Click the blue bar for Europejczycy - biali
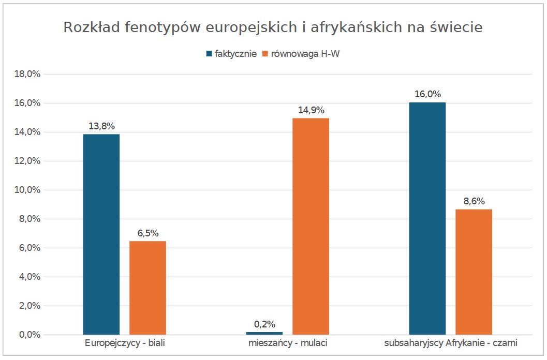pyautogui.click(x=101, y=234)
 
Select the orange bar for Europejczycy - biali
pyautogui.click(x=147, y=288)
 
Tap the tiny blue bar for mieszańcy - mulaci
pyautogui.click(x=264, y=333)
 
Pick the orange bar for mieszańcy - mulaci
pyautogui.click(x=311, y=227)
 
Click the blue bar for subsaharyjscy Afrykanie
pyautogui.click(x=427, y=218)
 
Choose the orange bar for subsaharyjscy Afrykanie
pyautogui.click(x=474, y=272)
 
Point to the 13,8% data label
pyautogui.click(x=101, y=126)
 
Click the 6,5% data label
pyautogui.click(x=147, y=233)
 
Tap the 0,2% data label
pyautogui.click(x=264, y=324)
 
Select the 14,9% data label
pyautogui.click(x=311, y=110)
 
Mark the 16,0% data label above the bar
pyautogui.click(x=427, y=94)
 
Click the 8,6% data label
pyautogui.click(x=474, y=201)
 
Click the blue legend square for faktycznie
pyautogui.click(x=209, y=54)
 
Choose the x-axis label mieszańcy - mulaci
pyautogui.click(x=287, y=343)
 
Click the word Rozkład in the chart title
pyautogui.click(x=91, y=27)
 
